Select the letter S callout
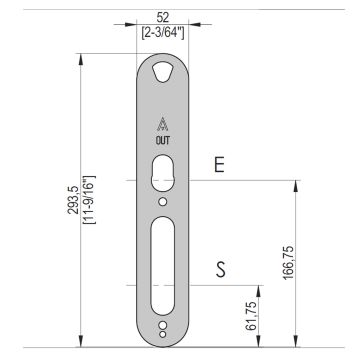[219, 269]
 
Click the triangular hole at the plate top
[163, 71]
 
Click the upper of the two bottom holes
[163, 324]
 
